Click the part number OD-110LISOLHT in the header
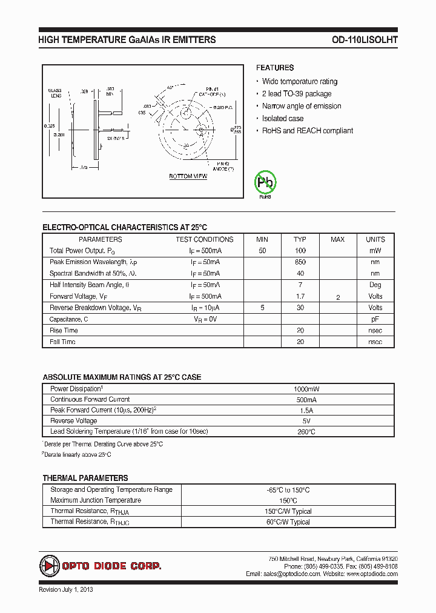coord(365,39)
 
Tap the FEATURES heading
coord(274,68)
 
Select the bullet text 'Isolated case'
coord(282,119)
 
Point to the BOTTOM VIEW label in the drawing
coord(188,176)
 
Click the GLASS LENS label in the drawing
coord(55,94)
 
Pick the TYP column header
coord(300,239)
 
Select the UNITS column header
coord(375,239)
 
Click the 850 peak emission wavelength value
coord(300,262)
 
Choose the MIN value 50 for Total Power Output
coord(262,251)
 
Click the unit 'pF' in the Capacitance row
coord(375,319)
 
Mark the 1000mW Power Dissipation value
coord(306,389)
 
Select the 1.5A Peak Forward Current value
coord(306,410)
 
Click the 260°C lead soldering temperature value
coord(306,432)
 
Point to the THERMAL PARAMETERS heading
coord(85,478)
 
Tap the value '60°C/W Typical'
coord(288,522)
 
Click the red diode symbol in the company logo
coord(49,566)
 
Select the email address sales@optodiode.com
coord(291,574)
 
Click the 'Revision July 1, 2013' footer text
coord(65,589)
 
